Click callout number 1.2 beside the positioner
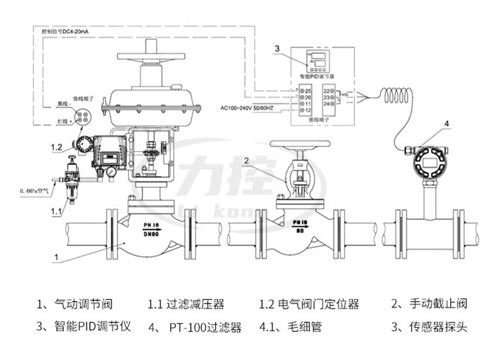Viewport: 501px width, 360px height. (x=56, y=148)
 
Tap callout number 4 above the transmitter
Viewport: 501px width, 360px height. (x=446, y=123)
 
